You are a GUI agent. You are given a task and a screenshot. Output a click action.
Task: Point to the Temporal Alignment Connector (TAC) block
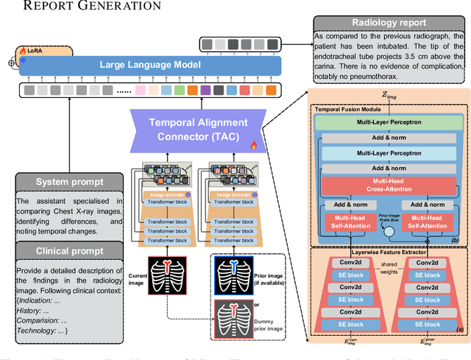(x=199, y=130)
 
